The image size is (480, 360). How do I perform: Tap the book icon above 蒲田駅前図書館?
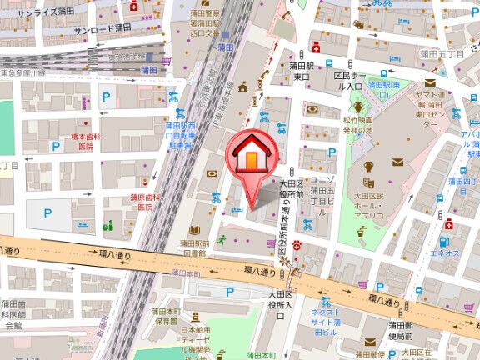click(194, 229)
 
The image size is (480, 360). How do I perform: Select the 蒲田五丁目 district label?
click(448, 54)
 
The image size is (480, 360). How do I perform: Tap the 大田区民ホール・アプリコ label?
click(367, 207)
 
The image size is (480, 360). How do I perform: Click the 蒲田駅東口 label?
click(302, 70)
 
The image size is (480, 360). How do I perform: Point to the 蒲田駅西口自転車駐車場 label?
click(177, 134)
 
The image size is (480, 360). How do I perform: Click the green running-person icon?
click(222, 240)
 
